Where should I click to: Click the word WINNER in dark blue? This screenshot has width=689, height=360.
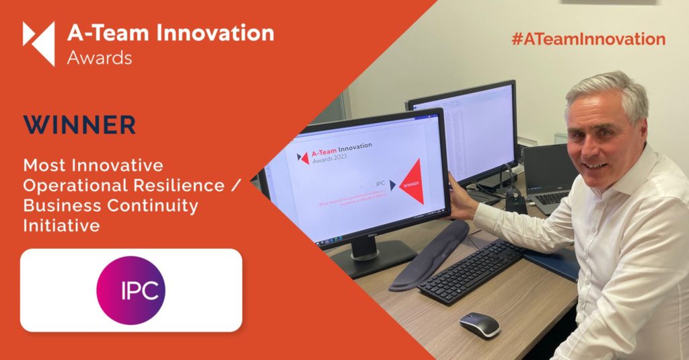pos(79,125)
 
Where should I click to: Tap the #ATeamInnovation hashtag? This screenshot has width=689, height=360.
pos(588,39)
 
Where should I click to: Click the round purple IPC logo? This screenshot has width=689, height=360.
pos(131,290)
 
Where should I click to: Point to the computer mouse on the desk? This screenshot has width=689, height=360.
pos(480,324)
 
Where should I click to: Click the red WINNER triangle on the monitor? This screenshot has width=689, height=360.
pos(412,182)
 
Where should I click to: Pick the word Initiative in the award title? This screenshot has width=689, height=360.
pos(61,226)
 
